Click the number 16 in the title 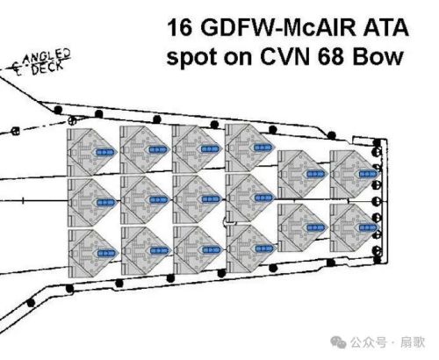(x=180, y=28)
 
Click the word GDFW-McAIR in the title (x=277, y=28)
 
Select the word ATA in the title (x=385, y=28)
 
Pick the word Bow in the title (x=378, y=56)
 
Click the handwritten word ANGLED (x=47, y=57)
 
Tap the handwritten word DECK (x=47, y=69)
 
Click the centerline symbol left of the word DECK (x=18, y=69)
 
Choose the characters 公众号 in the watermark (x=369, y=342)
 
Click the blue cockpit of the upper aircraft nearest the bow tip (x=368, y=174)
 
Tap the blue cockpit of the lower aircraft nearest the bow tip (x=367, y=227)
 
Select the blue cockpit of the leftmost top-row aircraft (x=105, y=152)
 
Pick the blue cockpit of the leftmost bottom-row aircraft (x=106, y=253)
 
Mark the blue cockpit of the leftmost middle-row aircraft (x=105, y=202)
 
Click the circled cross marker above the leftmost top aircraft (x=72, y=120)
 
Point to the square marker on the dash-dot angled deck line (x=16, y=132)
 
